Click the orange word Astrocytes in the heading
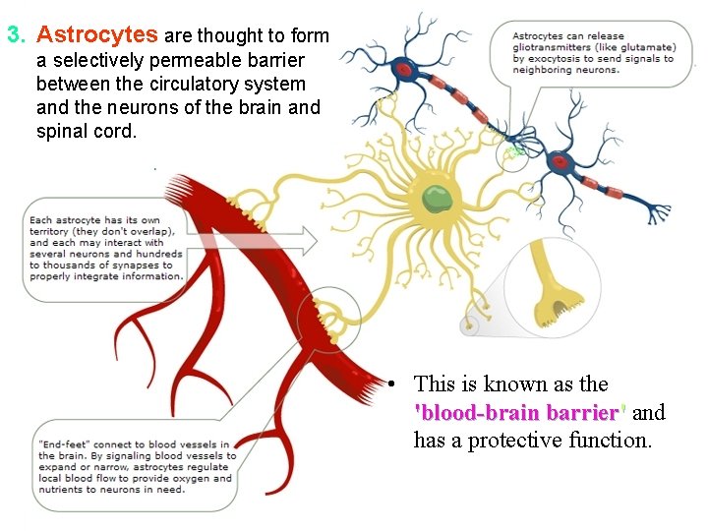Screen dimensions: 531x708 (96, 35)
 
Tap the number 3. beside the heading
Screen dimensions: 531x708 (17, 36)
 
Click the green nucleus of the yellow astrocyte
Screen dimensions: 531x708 (437, 199)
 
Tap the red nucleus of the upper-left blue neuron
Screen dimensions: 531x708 (404, 68)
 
